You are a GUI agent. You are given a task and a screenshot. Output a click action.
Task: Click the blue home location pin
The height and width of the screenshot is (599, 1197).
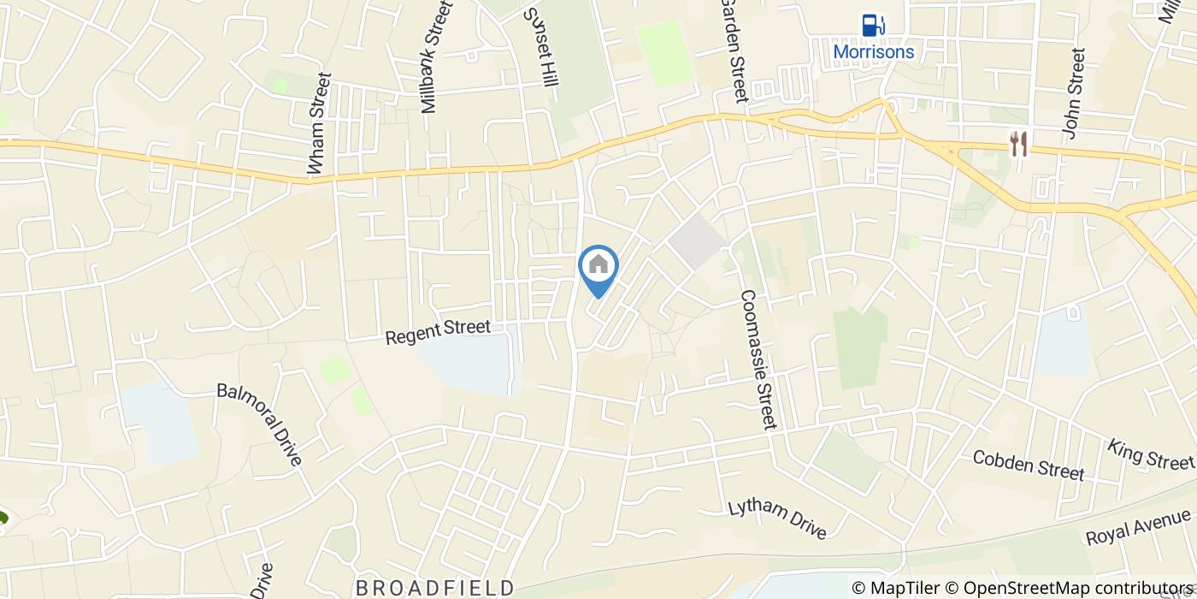coord(598,268)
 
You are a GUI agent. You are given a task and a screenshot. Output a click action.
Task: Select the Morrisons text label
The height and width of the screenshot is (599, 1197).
coord(873,51)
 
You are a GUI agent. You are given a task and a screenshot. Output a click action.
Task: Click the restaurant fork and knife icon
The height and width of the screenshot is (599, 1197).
coord(1017,144)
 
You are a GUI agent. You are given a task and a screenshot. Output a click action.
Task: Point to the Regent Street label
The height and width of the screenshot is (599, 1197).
coord(438,332)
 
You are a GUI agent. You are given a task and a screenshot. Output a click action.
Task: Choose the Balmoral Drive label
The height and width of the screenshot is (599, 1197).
coord(260,424)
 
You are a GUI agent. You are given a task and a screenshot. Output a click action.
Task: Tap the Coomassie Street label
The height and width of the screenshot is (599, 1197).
coord(758,359)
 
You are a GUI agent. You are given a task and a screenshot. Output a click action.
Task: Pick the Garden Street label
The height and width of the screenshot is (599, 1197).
coord(734,50)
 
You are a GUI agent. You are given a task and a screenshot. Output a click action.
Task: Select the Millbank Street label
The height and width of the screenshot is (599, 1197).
coord(434,57)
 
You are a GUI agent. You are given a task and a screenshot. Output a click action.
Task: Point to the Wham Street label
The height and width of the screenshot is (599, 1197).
coord(320,126)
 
